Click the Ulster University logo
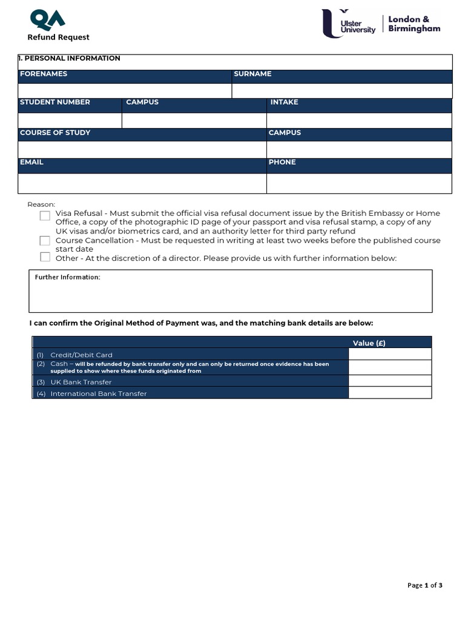tap(349, 24)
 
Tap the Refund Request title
tap(58, 38)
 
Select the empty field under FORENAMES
tap(125, 91)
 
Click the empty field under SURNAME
tap(341, 91)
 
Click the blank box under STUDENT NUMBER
tap(70, 121)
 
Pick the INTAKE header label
tap(285, 102)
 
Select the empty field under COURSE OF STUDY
tap(142, 149)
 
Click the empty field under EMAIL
tap(142, 183)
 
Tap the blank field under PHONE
tap(359, 183)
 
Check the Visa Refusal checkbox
tap(45, 215)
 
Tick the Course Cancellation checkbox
tap(45, 241)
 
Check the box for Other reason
tap(45, 257)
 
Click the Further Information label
tap(67, 277)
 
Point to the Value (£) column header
tap(369, 343)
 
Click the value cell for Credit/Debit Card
tap(390, 354)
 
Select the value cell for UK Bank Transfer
tap(390, 381)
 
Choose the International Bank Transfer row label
tap(98, 394)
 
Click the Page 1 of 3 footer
tap(424, 585)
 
